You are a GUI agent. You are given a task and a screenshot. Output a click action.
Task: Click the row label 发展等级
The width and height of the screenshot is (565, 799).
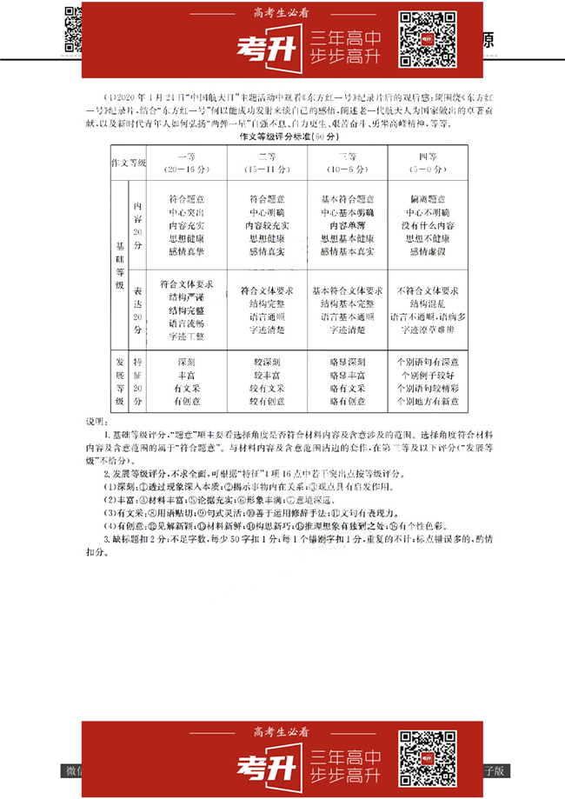coord(120,381)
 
